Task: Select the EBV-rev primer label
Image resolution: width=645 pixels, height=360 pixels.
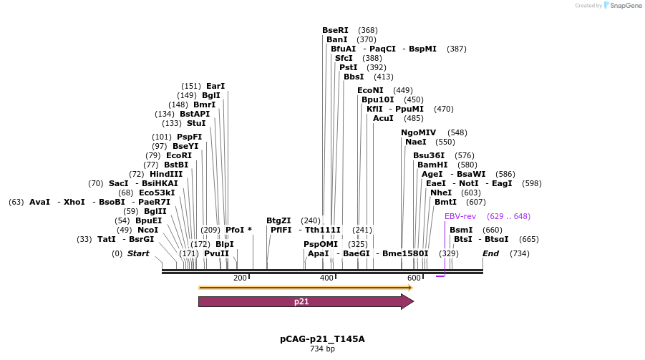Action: click(x=460, y=216)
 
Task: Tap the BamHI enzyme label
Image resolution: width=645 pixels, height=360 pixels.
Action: click(x=432, y=165)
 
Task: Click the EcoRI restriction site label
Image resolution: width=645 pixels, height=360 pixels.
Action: click(x=179, y=155)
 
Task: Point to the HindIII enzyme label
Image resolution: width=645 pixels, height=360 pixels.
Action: click(x=166, y=174)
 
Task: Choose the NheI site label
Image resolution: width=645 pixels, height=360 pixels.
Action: click(x=441, y=193)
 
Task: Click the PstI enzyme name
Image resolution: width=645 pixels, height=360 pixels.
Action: click(x=349, y=67)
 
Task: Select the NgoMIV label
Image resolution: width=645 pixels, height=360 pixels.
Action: click(x=419, y=132)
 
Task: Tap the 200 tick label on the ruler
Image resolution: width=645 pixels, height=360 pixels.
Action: click(x=239, y=278)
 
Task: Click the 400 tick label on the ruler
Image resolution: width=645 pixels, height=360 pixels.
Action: click(x=326, y=278)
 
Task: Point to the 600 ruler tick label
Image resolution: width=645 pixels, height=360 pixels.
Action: click(x=414, y=278)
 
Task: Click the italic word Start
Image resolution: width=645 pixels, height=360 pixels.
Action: click(x=138, y=253)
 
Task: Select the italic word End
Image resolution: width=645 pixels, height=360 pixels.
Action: click(x=490, y=253)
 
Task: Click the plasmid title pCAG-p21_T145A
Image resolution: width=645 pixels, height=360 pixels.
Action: click(x=322, y=339)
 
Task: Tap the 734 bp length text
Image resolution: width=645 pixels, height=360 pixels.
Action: click(x=322, y=349)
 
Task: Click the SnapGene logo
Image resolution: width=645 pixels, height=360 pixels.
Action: click(x=624, y=6)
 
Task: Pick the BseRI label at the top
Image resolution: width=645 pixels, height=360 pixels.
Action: click(x=335, y=30)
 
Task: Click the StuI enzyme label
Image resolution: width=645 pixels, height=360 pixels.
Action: click(x=196, y=123)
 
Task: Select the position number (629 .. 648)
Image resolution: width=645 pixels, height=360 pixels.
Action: click(x=508, y=216)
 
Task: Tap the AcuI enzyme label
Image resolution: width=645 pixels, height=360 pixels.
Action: click(x=384, y=118)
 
